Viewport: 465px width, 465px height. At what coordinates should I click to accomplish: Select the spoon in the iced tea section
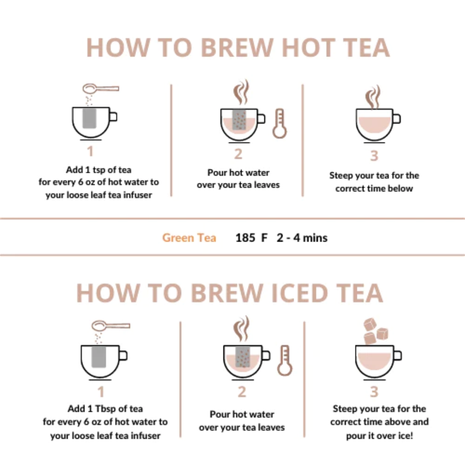pos(111,325)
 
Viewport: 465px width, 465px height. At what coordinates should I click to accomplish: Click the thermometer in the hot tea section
pos(279,124)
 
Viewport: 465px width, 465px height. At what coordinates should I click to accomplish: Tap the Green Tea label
pos(189,238)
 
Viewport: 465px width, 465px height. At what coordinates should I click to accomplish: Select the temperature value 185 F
pos(251,238)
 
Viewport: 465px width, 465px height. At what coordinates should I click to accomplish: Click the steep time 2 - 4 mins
pos(302,238)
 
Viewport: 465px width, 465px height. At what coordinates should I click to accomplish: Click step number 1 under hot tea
pos(90,152)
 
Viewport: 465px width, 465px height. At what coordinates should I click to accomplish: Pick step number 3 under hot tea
pos(374,155)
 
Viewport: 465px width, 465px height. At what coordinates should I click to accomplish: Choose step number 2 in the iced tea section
pos(242,391)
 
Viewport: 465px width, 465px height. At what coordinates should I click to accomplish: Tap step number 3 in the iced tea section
pos(374,391)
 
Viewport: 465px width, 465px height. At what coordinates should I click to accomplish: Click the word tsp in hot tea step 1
pos(99,170)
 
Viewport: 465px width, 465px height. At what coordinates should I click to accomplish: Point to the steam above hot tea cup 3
pos(373,96)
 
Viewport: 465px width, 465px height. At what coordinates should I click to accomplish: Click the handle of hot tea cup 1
pos(113,117)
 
